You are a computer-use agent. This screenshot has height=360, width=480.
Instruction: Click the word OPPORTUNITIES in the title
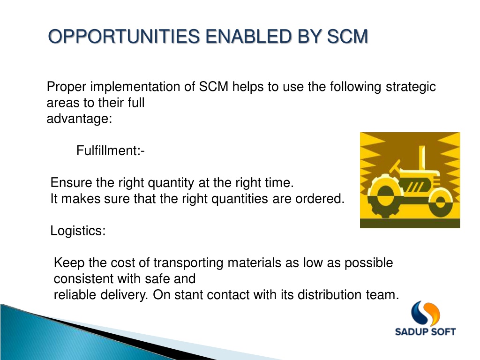coord(124,37)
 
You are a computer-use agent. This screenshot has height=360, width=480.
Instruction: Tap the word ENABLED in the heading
coord(248,37)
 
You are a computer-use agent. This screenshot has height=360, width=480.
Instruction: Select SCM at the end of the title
coord(347,37)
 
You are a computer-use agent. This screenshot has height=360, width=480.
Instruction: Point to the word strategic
coord(411,87)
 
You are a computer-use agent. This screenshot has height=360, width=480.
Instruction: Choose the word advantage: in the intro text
coord(79,119)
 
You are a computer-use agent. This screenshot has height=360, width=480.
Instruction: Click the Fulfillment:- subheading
coord(110,150)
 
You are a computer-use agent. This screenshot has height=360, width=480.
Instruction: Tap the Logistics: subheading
coord(78,231)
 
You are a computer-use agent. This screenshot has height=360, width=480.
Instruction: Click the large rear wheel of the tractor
coord(385,196)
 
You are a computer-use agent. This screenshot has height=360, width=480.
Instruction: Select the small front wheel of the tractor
coord(441,202)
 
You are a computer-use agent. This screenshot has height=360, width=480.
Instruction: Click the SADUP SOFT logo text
coord(425,332)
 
